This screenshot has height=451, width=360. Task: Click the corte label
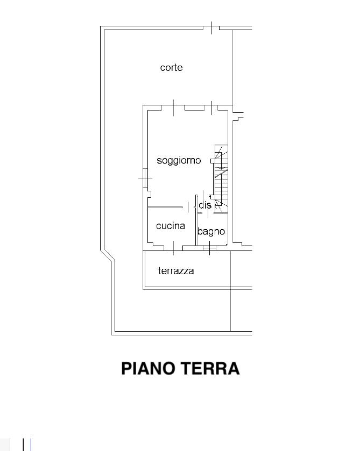tap(171, 68)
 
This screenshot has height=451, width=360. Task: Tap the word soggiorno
tap(179, 161)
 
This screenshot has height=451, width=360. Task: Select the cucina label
tap(171, 226)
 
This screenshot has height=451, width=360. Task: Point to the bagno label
tap(211, 232)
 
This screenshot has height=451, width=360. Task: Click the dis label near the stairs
tap(205, 205)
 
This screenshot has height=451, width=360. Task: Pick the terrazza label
tap(176, 271)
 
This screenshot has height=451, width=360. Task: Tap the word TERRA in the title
tap(210, 368)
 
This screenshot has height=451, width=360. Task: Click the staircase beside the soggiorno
tap(221, 179)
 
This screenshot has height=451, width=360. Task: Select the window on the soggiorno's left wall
tap(145, 178)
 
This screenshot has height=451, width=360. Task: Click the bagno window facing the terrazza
tap(209, 248)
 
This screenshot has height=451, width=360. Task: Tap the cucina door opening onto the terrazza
tap(173, 248)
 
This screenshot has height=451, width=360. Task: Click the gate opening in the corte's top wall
tap(211, 28)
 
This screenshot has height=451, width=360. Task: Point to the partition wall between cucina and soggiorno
tap(165, 207)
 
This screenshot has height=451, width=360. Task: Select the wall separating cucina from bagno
tap(196, 220)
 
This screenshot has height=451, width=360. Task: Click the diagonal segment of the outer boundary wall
tap(108, 256)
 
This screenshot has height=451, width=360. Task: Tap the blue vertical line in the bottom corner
tap(31, 445)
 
